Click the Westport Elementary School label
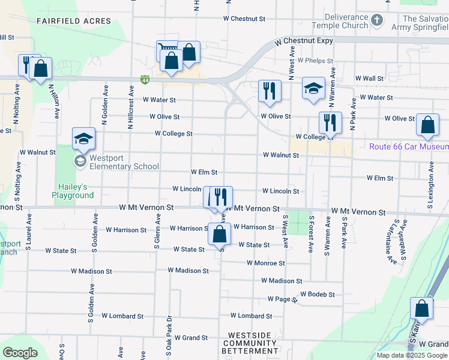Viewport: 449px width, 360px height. coord(124,163)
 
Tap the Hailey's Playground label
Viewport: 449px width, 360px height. coord(73,191)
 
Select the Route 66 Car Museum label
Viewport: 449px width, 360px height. coord(409,147)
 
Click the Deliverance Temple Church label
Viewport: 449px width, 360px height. coord(340,22)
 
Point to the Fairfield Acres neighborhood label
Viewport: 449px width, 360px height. coord(74,21)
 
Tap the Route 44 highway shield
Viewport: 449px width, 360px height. coord(145,79)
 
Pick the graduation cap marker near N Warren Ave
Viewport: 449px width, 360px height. coord(313,88)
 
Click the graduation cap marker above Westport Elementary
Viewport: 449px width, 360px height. coord(83,139)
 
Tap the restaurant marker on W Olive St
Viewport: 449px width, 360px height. coord(330,122)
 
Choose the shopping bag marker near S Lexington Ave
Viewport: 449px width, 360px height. coord(427,125)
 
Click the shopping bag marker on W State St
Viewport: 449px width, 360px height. coord(219,233)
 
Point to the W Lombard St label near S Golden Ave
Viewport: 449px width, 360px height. coord(122,316)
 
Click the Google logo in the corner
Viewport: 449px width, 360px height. coord(20,353)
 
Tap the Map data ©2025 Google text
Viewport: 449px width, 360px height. coord(412,355)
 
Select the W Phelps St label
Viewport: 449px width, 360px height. coord(319,61)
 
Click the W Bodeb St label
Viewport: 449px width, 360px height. coord(316,294)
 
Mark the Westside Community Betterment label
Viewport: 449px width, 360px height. coord(250,343)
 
